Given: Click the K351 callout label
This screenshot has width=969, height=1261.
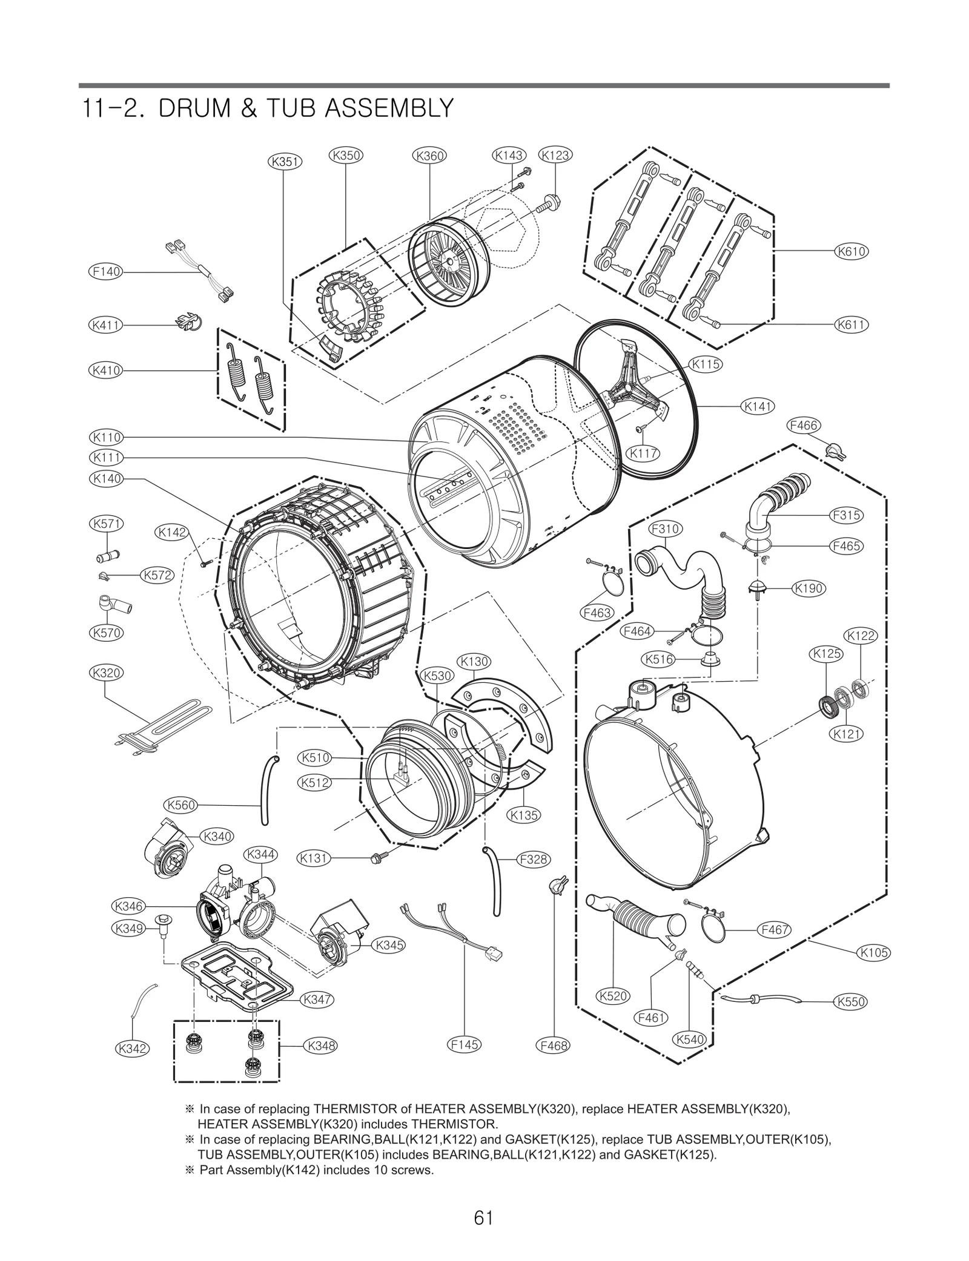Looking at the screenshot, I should click(285, 162).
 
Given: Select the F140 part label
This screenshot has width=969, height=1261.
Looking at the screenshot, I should click(106, 272).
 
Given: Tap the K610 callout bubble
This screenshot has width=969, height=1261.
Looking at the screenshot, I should click(851, 251).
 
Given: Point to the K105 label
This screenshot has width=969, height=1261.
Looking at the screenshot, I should click(874, 952).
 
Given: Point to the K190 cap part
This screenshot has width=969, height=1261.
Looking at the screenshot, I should click(757, 588).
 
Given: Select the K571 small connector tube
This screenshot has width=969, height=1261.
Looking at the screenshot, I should click(108, 554).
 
